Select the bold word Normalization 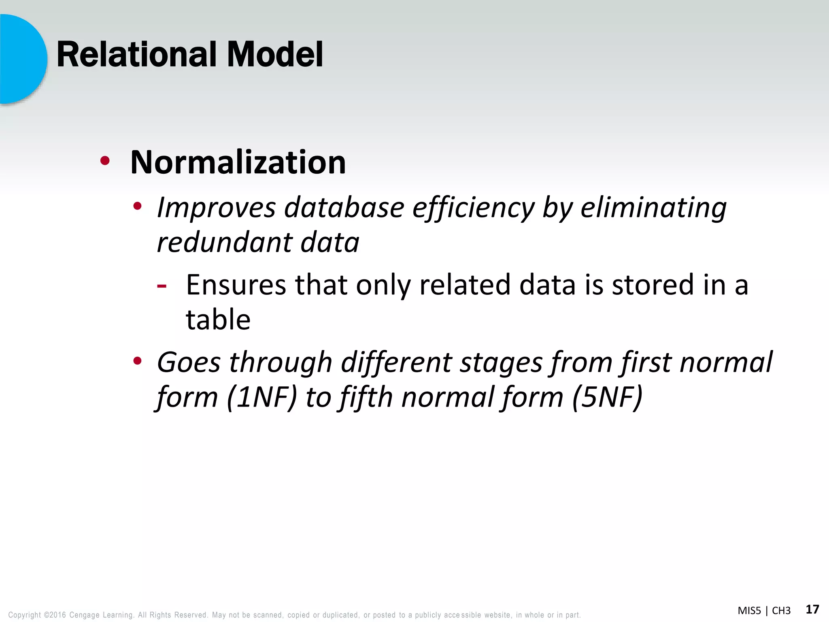238,162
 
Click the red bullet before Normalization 105,161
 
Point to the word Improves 216,208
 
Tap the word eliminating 653,208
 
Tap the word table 218,320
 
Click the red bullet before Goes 137,361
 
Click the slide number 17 812,609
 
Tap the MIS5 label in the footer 749,611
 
